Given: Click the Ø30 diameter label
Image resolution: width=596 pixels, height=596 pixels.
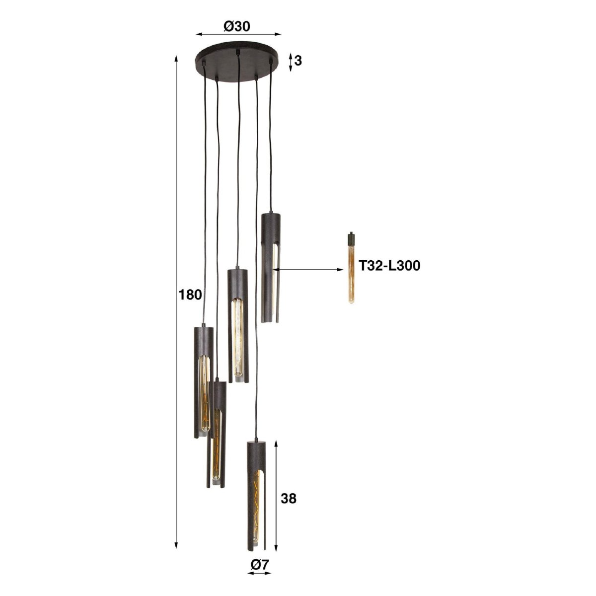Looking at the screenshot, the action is pyautogui.click(x=236, y=27).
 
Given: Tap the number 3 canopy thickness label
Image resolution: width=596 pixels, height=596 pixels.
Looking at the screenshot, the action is pyautogui.click(x=298, y=61).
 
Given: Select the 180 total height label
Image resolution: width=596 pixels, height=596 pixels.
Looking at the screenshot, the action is pyautogui.click(x=190, y=295).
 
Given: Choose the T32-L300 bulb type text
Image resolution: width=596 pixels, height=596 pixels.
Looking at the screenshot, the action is pyautogui.click(x=389, y=266).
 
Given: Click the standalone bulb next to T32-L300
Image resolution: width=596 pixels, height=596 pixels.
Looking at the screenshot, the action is pyautogui.click(x=351, y=267).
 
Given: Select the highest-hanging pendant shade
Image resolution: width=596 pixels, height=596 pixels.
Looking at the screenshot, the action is pyautogui.click(x=271, y=268).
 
